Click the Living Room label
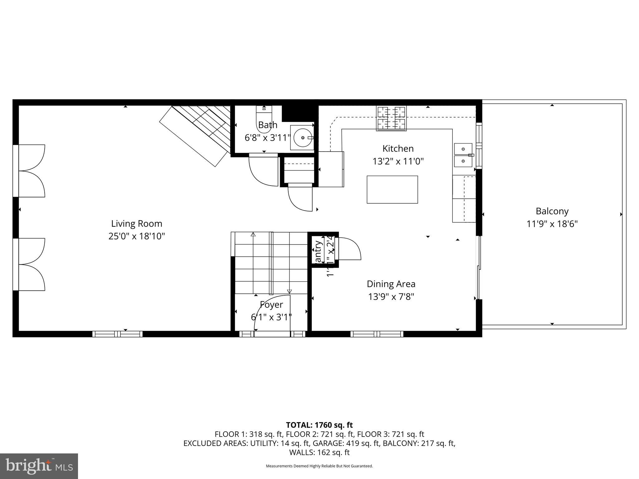pos(137,224)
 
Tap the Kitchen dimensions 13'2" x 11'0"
pos(398,162)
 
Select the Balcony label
pos(552,211)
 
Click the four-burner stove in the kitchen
pos(392,118)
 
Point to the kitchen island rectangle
pos(392,190)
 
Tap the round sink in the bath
pos(302,138)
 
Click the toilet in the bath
pos(264,120)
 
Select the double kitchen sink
pos(463,155)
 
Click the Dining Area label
pos(391,284)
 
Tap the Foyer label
pos(271,304)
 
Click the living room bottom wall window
pos(117,334)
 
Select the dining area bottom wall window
pos(377,334)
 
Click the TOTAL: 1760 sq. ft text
pos(319,425)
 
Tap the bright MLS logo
pos(39,466)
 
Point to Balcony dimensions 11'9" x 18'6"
pos(552,224)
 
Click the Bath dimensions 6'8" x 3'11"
pos(267,138)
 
